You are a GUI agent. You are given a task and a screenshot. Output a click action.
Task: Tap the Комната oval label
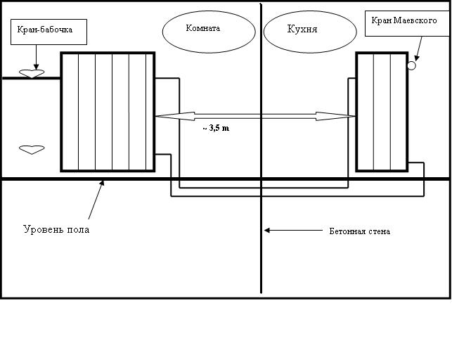(202, 30)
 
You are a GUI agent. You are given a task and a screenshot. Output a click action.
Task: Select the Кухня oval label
(302, 31)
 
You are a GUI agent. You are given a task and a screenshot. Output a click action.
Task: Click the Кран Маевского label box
(406, 22)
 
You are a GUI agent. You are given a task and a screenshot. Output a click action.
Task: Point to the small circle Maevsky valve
(411, 65)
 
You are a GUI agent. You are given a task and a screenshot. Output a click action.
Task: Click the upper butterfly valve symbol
(31, 72)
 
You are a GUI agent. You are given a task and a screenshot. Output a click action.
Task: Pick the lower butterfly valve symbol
(31, 149)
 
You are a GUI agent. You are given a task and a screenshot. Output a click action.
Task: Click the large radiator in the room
(108, 111)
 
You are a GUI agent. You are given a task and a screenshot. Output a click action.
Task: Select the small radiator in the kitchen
(381, 111)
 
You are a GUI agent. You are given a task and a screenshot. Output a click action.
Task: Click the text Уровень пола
(56, 229)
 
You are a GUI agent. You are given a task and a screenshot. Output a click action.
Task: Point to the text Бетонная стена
(359, 231)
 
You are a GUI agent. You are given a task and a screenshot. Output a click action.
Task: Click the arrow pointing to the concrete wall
(288, 230)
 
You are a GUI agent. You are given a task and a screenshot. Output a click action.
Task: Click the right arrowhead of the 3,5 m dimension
(347, 115)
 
